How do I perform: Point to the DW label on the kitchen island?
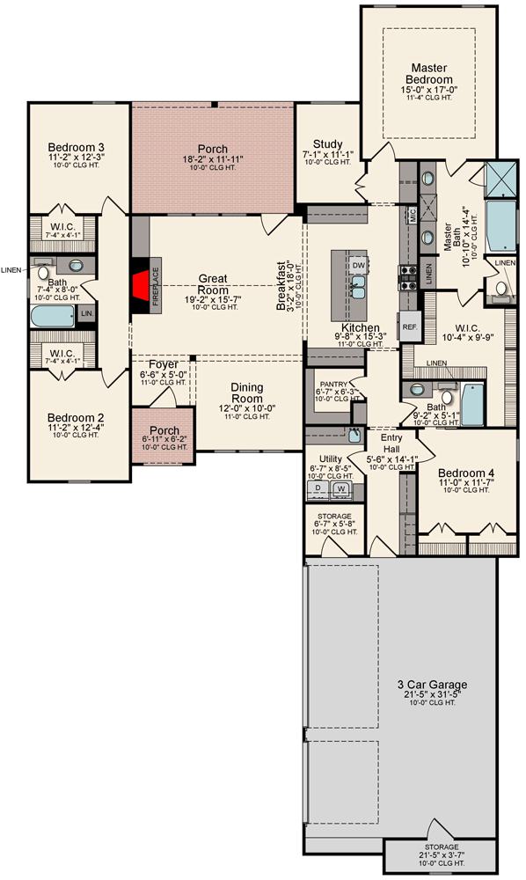(358, 264)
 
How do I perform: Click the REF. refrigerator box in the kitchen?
(410, 326)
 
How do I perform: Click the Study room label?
(327, 145)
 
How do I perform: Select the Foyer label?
(163, 364)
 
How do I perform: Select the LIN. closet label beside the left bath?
(86, 312)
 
